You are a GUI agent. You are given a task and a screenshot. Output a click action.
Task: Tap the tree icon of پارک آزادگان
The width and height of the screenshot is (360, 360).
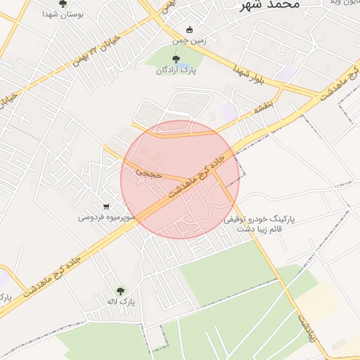point(176,60)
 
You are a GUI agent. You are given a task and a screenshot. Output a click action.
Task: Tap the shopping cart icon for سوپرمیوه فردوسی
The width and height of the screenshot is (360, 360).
point(106,207)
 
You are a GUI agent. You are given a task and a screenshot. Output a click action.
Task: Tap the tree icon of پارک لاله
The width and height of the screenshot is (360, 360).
point(120,291)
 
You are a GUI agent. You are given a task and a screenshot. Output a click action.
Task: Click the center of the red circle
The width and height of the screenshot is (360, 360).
point(180,179)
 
